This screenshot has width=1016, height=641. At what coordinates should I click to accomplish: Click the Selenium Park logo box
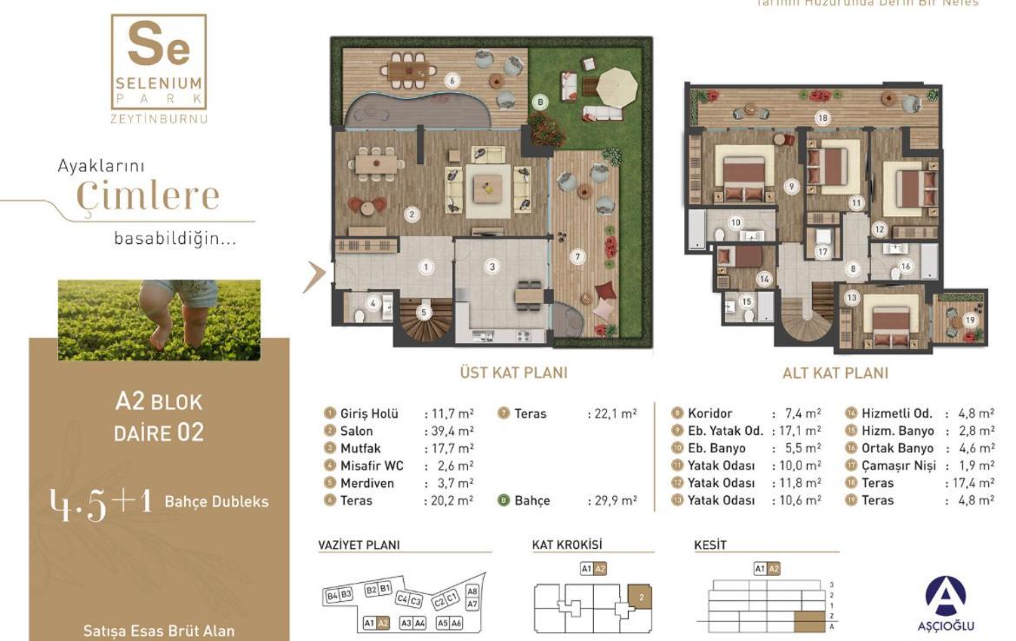click(x=159, y=62)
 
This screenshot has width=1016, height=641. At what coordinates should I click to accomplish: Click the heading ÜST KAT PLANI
click(x=513, y=373)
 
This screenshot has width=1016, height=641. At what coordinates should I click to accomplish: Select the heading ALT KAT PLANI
click(x=835, y=373)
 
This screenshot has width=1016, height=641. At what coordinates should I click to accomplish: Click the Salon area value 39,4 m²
click(x=448, y=431)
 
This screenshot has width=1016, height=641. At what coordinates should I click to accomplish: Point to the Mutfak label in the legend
click(x=360, y=448)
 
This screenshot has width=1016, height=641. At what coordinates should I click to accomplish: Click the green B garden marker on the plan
click(x=541, y=102)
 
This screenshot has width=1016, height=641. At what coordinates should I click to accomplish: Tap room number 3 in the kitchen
click(x=492, y=267)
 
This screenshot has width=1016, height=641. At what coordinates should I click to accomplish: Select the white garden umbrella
click(x=617, y=85)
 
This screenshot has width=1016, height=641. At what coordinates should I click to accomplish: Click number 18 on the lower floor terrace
click(x=821, y=117)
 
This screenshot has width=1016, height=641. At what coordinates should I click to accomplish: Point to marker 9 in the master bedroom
click(x=790, y=186)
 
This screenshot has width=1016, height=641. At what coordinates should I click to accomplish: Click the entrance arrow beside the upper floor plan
click(x=314, y=275)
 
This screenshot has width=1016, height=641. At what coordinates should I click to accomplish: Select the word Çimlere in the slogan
click(x=148, y=196)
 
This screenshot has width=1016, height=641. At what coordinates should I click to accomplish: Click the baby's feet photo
click(x=159, y=320)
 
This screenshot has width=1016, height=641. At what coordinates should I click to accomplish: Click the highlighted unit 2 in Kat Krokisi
click(x=640, y=597)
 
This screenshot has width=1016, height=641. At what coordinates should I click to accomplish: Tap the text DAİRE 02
click(x=159, y=432)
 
